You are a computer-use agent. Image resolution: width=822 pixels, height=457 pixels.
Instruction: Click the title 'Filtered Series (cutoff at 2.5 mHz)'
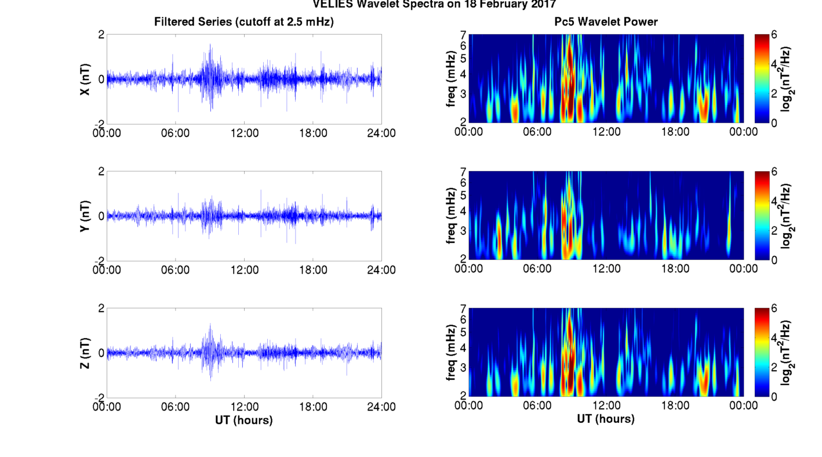243,22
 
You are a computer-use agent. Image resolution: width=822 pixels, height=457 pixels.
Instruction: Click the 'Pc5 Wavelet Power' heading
606,22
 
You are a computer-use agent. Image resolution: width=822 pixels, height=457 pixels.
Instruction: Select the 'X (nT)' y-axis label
85,79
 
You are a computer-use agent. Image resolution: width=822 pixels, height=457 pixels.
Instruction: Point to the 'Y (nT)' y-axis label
85,216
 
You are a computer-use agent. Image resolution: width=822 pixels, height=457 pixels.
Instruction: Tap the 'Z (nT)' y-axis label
85,353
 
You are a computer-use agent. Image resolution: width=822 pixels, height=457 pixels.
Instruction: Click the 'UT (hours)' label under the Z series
243,420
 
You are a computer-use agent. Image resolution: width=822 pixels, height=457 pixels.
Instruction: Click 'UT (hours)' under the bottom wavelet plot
606,419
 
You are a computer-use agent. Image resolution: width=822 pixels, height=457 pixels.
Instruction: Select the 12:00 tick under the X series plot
244,133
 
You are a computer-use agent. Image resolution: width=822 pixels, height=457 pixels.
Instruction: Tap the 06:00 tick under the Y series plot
175,270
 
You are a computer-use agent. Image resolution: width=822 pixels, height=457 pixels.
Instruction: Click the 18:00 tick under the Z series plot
313,407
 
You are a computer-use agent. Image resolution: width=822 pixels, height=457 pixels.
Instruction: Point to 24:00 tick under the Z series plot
381,407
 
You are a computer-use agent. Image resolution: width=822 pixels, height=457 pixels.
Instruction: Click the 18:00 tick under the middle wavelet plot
675,269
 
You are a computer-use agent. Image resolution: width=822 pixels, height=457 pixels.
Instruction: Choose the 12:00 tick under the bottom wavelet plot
606,405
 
